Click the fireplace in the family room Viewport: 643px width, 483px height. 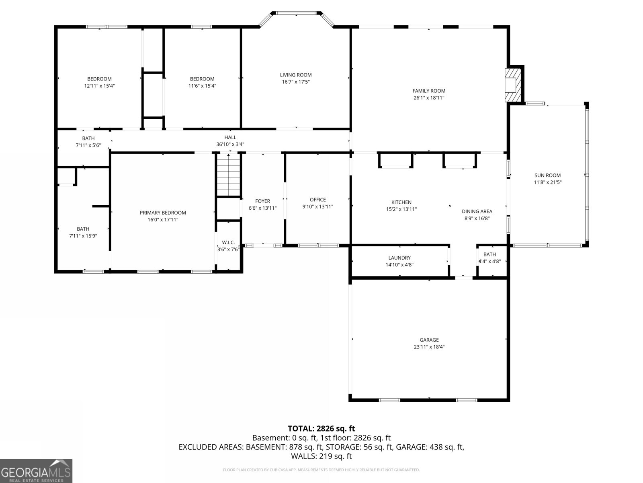point(513,85)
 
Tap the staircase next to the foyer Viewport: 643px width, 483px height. point(229,175)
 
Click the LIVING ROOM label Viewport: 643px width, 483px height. point(295,75)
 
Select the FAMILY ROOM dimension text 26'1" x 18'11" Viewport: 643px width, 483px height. point(429,98)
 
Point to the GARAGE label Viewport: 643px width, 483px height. point(429,340)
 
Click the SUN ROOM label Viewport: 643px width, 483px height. point(547,175)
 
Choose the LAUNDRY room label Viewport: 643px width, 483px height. point(399,258)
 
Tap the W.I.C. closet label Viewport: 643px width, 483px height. point(229,243)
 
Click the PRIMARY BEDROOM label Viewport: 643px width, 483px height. point(163,213)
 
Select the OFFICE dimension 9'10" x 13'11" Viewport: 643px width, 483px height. point(318,207)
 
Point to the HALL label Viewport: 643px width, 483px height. point(230,137)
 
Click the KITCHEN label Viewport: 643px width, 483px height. point(401,202)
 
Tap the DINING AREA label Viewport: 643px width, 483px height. point(477,211)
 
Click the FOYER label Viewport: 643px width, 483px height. point(262,201)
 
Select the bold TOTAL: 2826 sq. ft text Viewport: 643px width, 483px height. point(321,429)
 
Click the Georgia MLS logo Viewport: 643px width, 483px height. point(36,471)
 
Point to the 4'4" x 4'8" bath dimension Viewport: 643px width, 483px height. point(490,261)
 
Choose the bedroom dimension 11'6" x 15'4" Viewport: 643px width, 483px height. point(202,86)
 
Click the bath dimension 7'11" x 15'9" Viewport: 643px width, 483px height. point(83,236)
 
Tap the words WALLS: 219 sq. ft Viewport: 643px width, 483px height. point(321,456)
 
